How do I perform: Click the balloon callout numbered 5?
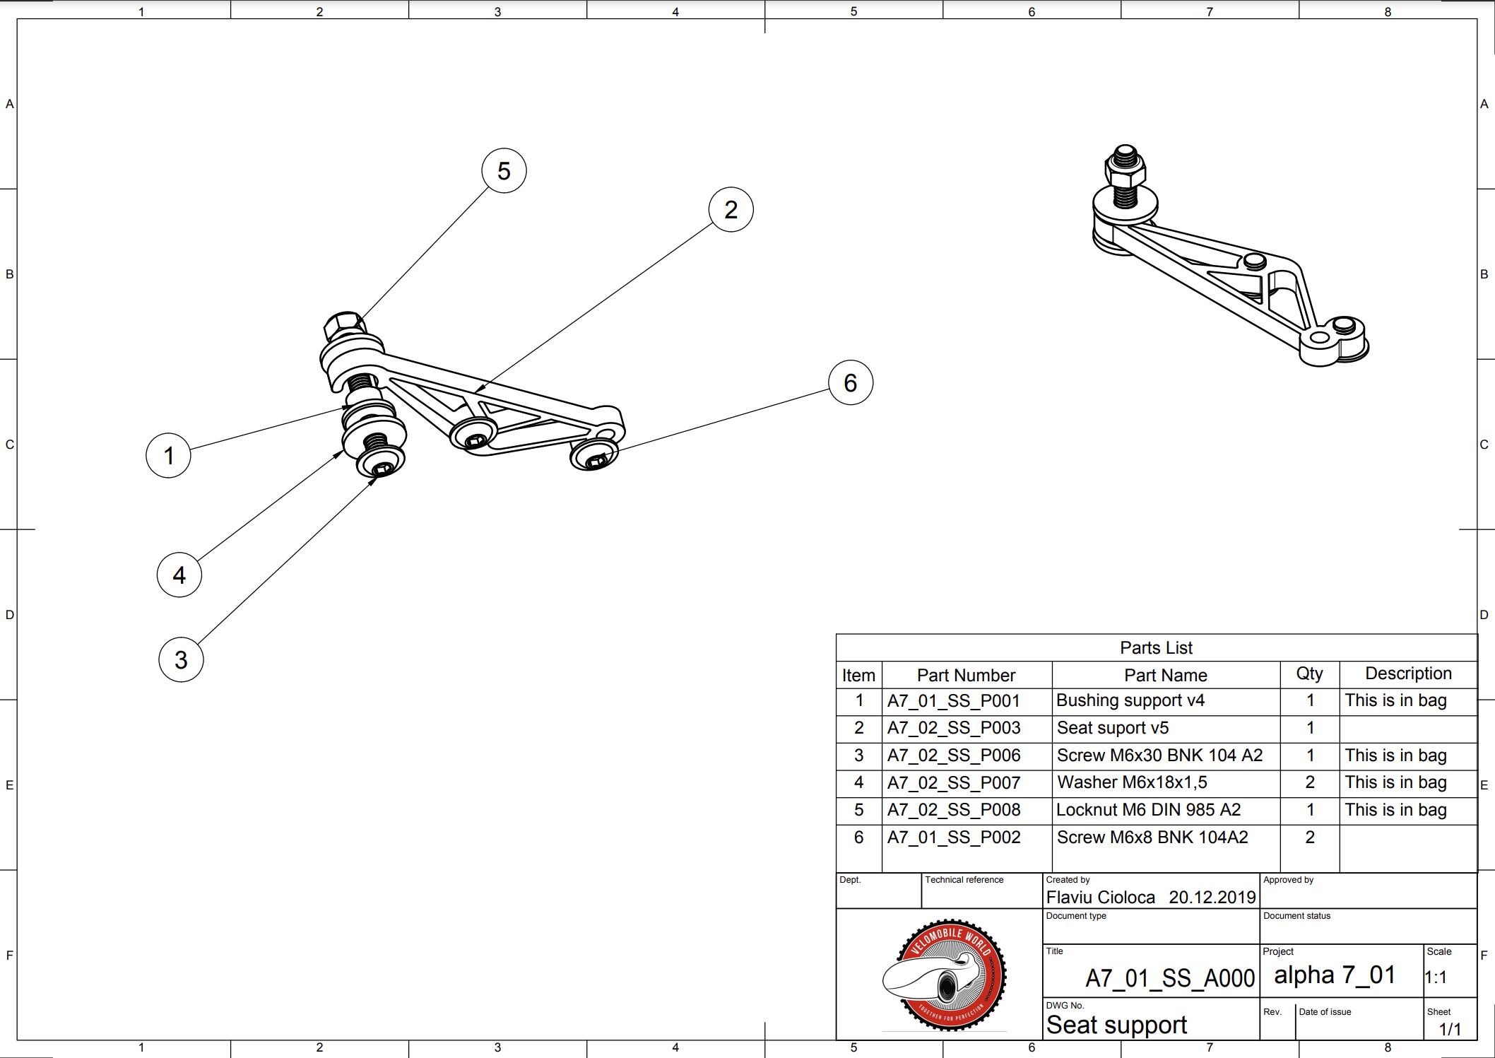pyautogui.click(x=504, y=170)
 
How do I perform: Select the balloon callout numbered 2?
pyautogui.click(x=731, y=209)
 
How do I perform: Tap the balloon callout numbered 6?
pyautogui.click(x=850, y=382)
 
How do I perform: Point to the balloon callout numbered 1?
pyautogui.click(x=168, y=455)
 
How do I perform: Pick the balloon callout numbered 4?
pyautogui.click(x=179, y=575)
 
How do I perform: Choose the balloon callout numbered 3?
pyautogui.click(x=181, y=659)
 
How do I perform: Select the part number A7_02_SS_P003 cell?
pyautogui.click(x=953, y=728)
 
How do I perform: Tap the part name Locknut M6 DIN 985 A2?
pyautogui.click(x=1148, y=810)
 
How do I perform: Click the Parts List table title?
pyautogui.click(x=1156, y=647)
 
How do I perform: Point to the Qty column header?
pyautogui.click(x=1309, y=674)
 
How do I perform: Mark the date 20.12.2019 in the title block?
pyautogui.click(x=1212, y=897)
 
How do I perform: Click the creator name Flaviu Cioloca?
pyautogui.click(x=1100, y=897)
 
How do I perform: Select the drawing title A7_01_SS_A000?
pyautogui.click(x=1169, y=978)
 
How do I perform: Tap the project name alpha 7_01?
pyautogui.click(x=1335, y=975)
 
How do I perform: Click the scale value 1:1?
pyautogui.click(x=1436, y=977)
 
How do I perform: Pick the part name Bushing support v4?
pyautogui.click(x=1130, y=700)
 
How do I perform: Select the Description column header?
pyautogui.click(x=1408, y=674)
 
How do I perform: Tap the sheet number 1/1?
pyautogui.click(x=1450, y=1029)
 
